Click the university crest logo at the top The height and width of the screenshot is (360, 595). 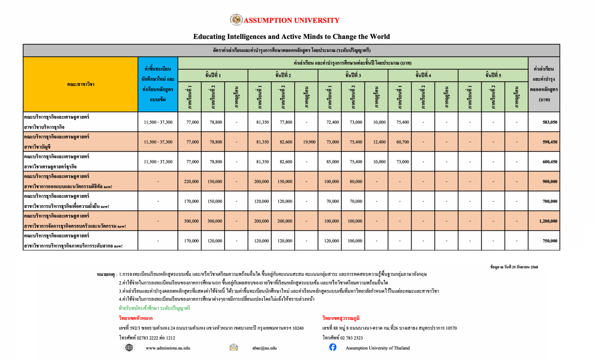click(236, 20)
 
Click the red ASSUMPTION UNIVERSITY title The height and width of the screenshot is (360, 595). click(291, 21)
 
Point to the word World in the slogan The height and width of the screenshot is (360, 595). click(378, 37)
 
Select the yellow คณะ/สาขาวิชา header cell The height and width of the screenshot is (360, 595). click(81, 84)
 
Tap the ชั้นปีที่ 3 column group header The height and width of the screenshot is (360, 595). click(353, 75)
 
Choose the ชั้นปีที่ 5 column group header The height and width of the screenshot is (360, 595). click(493, 75)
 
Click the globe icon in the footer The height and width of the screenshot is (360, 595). click(129, 348)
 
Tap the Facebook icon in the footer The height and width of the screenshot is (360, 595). click(333, 347)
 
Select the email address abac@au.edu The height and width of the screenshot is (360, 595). click(264, 348)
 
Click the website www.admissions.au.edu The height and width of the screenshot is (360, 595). click(167, 348)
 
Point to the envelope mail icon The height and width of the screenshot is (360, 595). click(233, 348)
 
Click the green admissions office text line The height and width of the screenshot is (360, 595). click(154, 308)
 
